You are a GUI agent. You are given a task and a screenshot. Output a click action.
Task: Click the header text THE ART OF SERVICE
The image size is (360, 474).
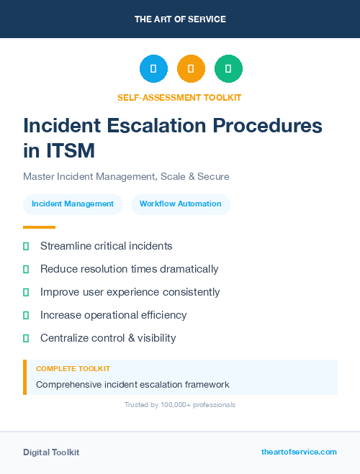[x=180, y=19]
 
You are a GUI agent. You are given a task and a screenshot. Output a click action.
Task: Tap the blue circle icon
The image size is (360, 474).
[x=153, y=69]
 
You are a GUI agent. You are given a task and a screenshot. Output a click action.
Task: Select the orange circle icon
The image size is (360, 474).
[x=191, y=69]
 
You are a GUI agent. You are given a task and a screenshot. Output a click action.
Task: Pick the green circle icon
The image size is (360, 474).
[x=228, y=69]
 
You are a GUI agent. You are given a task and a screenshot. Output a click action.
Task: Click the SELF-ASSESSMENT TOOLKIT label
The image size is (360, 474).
[x=179, y=97]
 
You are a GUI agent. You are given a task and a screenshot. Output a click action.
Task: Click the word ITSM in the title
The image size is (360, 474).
[x=69, y=151]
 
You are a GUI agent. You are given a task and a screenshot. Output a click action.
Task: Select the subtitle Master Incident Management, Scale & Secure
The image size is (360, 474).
[x=126, y=176]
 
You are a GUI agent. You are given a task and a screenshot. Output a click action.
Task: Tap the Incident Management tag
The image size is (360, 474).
[x=73, y=204]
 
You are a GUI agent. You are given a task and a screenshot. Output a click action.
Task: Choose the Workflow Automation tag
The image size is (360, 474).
[x=180, y=204]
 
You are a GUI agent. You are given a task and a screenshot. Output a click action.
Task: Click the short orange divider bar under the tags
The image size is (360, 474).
[x=39, y=227]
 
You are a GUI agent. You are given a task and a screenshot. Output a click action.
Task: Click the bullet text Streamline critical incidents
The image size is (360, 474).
[x=106, y=246]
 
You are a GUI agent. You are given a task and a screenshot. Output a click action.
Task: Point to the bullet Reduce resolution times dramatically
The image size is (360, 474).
[x=129, y=269]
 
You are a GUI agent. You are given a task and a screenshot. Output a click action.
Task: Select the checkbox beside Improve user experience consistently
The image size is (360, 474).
[x=26, y=292]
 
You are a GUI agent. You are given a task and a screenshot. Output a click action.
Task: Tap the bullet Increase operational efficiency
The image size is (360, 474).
[x=113, y=315]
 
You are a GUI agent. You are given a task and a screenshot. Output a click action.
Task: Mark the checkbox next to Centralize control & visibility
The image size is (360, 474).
[x=26, y=338]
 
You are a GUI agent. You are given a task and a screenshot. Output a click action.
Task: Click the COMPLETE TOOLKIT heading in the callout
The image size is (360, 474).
[x=73, y=369]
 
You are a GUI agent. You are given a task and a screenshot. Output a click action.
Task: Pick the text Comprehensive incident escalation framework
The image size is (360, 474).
[x=132, y=385]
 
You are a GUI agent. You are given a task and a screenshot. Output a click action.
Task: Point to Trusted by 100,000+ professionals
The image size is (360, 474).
[x=179, y=405]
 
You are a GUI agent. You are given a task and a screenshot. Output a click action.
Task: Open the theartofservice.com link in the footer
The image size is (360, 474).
[x=299, y=452]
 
